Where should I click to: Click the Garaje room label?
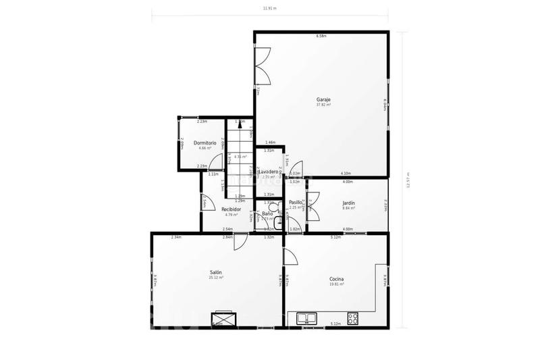pyautogui.click(x=323, y=100)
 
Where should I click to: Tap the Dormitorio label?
pyautogui.click(x=205, y=143)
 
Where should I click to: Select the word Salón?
pyautogui.click(x=216, y=272)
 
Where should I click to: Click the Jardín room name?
pyautogui.click(x=348, y=203)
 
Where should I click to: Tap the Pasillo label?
pyautogui.click(x=296, y=202)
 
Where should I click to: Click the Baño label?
pyautogui.click(x=267, y=213)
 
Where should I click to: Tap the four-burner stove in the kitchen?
pyautogui.click(x=353, y=317)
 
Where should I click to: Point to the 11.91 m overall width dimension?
pyautogui.click(x=270, y=8)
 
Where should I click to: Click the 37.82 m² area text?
pyautogui.click(x=323, y=105)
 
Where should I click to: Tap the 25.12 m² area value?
pyautogui.click(x=216, y=278)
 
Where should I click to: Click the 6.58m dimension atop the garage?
pyautogui.click(x=321, y=36)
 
